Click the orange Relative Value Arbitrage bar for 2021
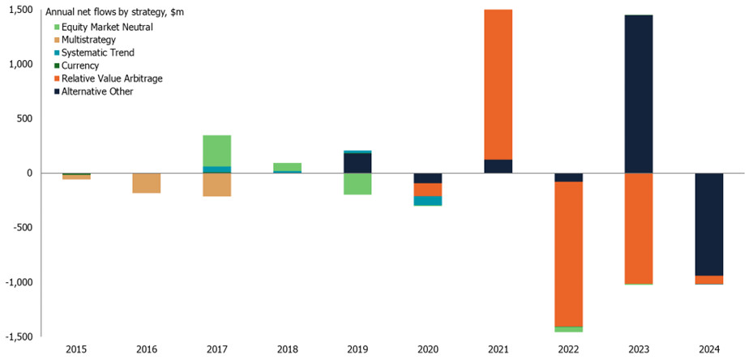click(x=498, y=84)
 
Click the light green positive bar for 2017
click(x=217, y=150)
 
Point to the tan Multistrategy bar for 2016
click(x=147, y=182)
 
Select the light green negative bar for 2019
click(x=358, y=183)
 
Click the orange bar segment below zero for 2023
click(x=638, y=228)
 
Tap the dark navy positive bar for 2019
click(x=358, y=162)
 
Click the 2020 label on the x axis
click(x=428, y=349)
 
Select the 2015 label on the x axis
click(x=77, y=349)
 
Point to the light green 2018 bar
click(x=288, y=166)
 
